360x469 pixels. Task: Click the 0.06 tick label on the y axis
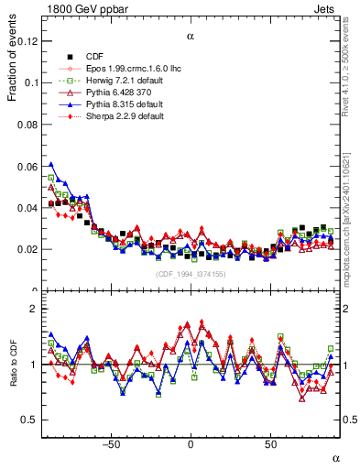pyautogui.click(x=27, y=166)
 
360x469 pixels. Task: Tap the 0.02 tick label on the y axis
pyautogui.click(x=27, y=249)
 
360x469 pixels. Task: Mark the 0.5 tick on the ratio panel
pyautogui.click(x=29, y=420)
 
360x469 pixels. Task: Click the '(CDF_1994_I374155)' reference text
pyautogui.click(x=191, y=274)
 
